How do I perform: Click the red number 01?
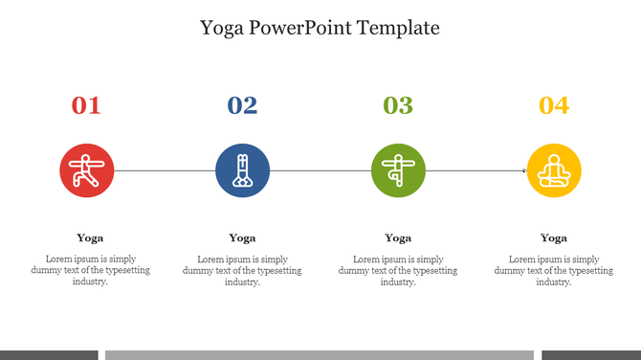(86, 105)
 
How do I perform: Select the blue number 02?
(242, 105)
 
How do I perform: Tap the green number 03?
(398, 105)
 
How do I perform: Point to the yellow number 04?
(554, 105)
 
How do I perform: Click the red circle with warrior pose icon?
(86, 170)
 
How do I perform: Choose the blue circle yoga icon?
(242, 170)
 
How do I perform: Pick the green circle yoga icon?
(398, 170)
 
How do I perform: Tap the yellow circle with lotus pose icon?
(554, 170)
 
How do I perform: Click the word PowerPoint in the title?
(300, 28)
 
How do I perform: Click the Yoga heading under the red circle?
(90, 237)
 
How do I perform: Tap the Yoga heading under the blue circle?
(242, 237)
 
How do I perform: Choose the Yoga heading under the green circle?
(398, 237)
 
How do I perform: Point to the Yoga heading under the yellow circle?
(554, 237)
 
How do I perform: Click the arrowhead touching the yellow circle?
(523, 170)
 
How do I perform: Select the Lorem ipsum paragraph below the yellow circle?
(554, 270)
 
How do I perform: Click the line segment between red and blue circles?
(164, 170)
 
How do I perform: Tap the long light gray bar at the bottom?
(319, 354)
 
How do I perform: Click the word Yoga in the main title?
(221, 29)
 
